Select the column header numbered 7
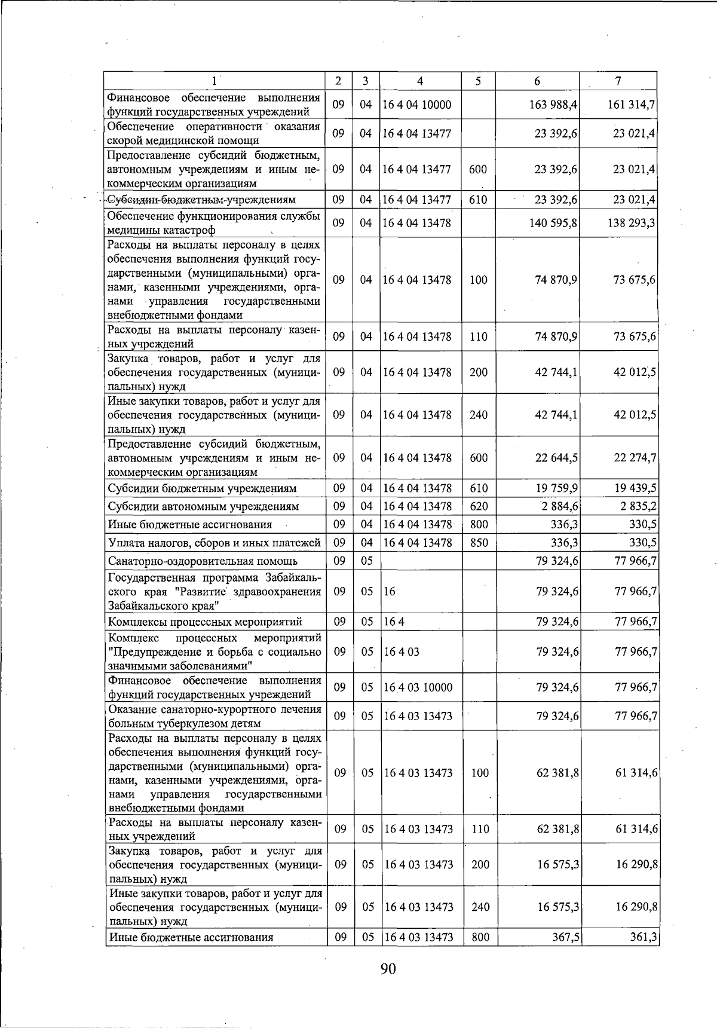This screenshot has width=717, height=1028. (x=618, y=81)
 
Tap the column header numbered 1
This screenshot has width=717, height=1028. (x=214, y=81)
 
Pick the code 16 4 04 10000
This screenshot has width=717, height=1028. (x=418, y=105)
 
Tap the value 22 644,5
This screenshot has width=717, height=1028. (x=556, y=458)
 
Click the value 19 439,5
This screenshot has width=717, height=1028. (x=636, y=488)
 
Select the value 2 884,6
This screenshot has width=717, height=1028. (x=559, y=507)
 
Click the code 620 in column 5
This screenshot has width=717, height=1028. (x=479, y=507)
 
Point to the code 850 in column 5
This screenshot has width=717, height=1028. (x=479, y=543)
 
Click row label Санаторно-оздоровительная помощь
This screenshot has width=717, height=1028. (x=203, y=561)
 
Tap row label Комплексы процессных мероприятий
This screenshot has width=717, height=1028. (x=205, y=622)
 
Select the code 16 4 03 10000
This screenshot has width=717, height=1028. (x=418, y=687)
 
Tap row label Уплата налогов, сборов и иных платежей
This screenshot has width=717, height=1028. (x=215, y=543)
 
